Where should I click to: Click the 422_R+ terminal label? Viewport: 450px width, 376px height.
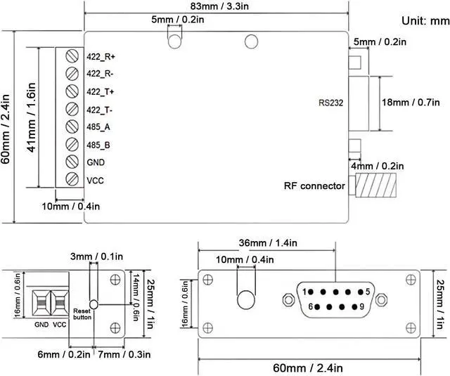pyautogui.click(x=101, y=57)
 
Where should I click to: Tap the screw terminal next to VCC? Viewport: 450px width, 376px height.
pyautogui.click(x=72, y=179)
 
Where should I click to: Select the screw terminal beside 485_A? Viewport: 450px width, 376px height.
pyautogui.click(x=72, y=127)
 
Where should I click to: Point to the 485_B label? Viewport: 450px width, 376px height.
pyautogui.click(x=98, y=145)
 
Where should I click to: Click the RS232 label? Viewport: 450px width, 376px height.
pyautogui.click(x=331, y=103)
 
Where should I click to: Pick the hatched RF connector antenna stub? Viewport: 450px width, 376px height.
pyautogui.click(x=376, y=186)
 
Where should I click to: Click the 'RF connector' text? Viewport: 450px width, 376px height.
pyautogui.click(x=314, y=186)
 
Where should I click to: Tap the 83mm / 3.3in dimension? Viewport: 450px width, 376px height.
pyautogui.click(x=219, y=6)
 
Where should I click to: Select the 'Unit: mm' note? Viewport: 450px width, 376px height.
pyautogui.click(x=425, y=20)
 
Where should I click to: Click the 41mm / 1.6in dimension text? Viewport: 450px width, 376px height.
pyautogui.click(x=31, y=117)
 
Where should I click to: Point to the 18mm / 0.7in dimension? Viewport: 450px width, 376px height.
pyautogui.click(x=411, y=103)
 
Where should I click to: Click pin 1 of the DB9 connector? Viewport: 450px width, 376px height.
pyautogui.click(x=310, y=292)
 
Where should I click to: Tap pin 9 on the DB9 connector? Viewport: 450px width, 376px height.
pyautogui.click(x=354, y=307)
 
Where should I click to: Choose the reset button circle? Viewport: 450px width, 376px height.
pyautogui.click(x=94, y=304)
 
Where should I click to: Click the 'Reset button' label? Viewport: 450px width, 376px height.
pyautogui.click(x=82, y=314)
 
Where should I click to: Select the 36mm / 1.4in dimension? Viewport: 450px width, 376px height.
pyautogui.click(x=268, y=243)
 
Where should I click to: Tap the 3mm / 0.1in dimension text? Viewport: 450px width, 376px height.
pyautogui.click(x=96, y=256)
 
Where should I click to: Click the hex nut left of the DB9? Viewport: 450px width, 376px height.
pyautogui.click(x=289, y=300)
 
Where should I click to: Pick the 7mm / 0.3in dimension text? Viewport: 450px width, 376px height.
pyautogui.click(x=124, y=354)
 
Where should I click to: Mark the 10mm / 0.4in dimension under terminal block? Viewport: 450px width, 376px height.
pyautogui.click(x=71, y=206)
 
